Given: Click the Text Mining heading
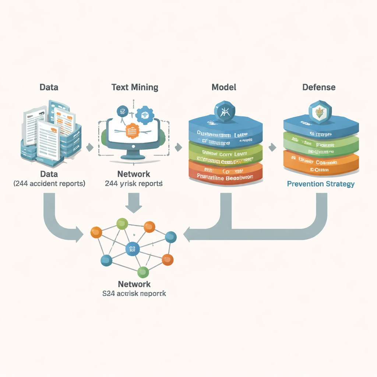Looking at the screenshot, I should [135, 87].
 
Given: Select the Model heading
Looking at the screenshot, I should [224, 87].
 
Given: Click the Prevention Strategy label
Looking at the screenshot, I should [321, 184].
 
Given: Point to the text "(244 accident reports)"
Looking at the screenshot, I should [49, 183].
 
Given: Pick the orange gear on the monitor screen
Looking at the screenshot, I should [132, 130].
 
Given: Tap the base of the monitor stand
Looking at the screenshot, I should [133, 156].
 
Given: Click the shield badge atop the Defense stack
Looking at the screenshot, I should [320, 111].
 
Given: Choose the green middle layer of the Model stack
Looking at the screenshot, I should [225, 154].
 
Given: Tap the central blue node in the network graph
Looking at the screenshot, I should [133, 249].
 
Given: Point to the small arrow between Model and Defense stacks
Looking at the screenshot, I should [272, 147].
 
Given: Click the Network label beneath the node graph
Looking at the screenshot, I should [134, 284].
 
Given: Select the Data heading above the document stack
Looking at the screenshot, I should [49, 87].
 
